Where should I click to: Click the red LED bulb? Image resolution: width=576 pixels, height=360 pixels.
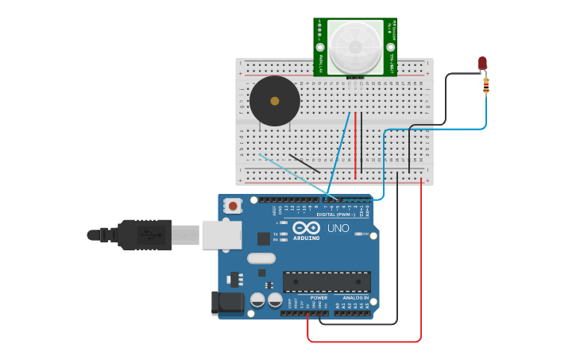(482, 63)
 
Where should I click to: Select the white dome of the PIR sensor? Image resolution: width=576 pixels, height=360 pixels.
(355, 47)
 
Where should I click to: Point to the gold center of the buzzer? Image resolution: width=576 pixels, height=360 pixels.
(275, 101)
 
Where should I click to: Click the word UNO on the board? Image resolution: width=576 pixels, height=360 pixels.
(338, 228)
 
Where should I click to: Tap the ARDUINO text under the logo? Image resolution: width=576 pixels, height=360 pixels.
(307, 238)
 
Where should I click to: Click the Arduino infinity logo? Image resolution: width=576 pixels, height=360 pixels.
(307, 227)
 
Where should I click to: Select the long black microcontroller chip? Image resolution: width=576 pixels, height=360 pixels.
(327, 281)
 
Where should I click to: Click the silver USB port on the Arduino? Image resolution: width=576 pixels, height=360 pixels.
(222, 234)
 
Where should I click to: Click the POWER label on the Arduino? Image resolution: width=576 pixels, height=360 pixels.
(319, 298)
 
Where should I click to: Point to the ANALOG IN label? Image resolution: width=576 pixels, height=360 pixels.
(355, 298)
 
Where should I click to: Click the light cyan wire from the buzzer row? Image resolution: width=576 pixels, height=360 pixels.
(290, 170)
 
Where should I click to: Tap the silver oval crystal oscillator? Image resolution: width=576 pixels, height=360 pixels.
(261, 257)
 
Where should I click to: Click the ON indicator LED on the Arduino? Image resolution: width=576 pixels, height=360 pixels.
(359, 234)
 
